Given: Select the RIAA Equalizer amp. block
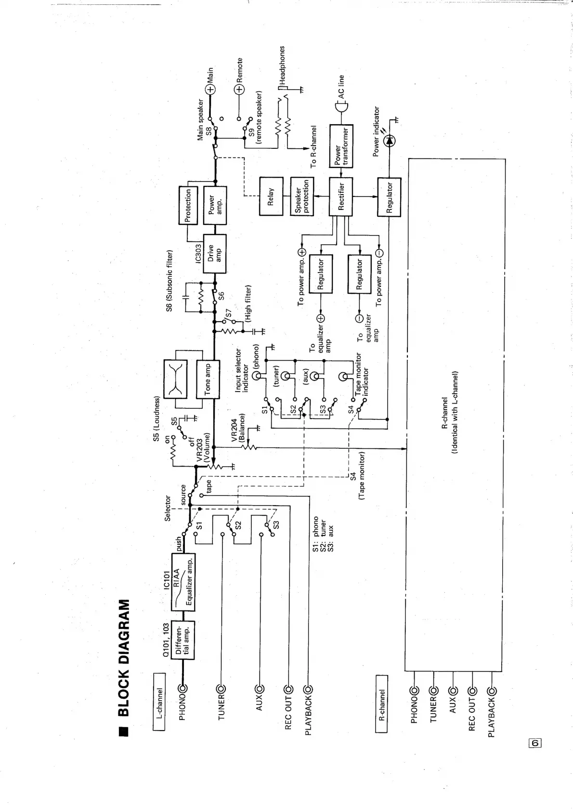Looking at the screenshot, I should tap(183, 582).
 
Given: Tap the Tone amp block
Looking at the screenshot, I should tap(208, 380).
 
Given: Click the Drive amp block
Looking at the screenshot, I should tap(214, 253).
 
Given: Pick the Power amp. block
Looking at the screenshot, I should tap(215, 205).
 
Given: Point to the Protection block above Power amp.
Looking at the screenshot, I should tap(188, 205).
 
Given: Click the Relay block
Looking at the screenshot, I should tap(271, 197).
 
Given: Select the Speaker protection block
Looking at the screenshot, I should tap(302, 197).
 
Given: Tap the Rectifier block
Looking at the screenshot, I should tap(341, 197).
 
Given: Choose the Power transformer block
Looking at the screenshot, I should tap(341, 146).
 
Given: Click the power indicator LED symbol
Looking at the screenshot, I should tap(389, 140).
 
